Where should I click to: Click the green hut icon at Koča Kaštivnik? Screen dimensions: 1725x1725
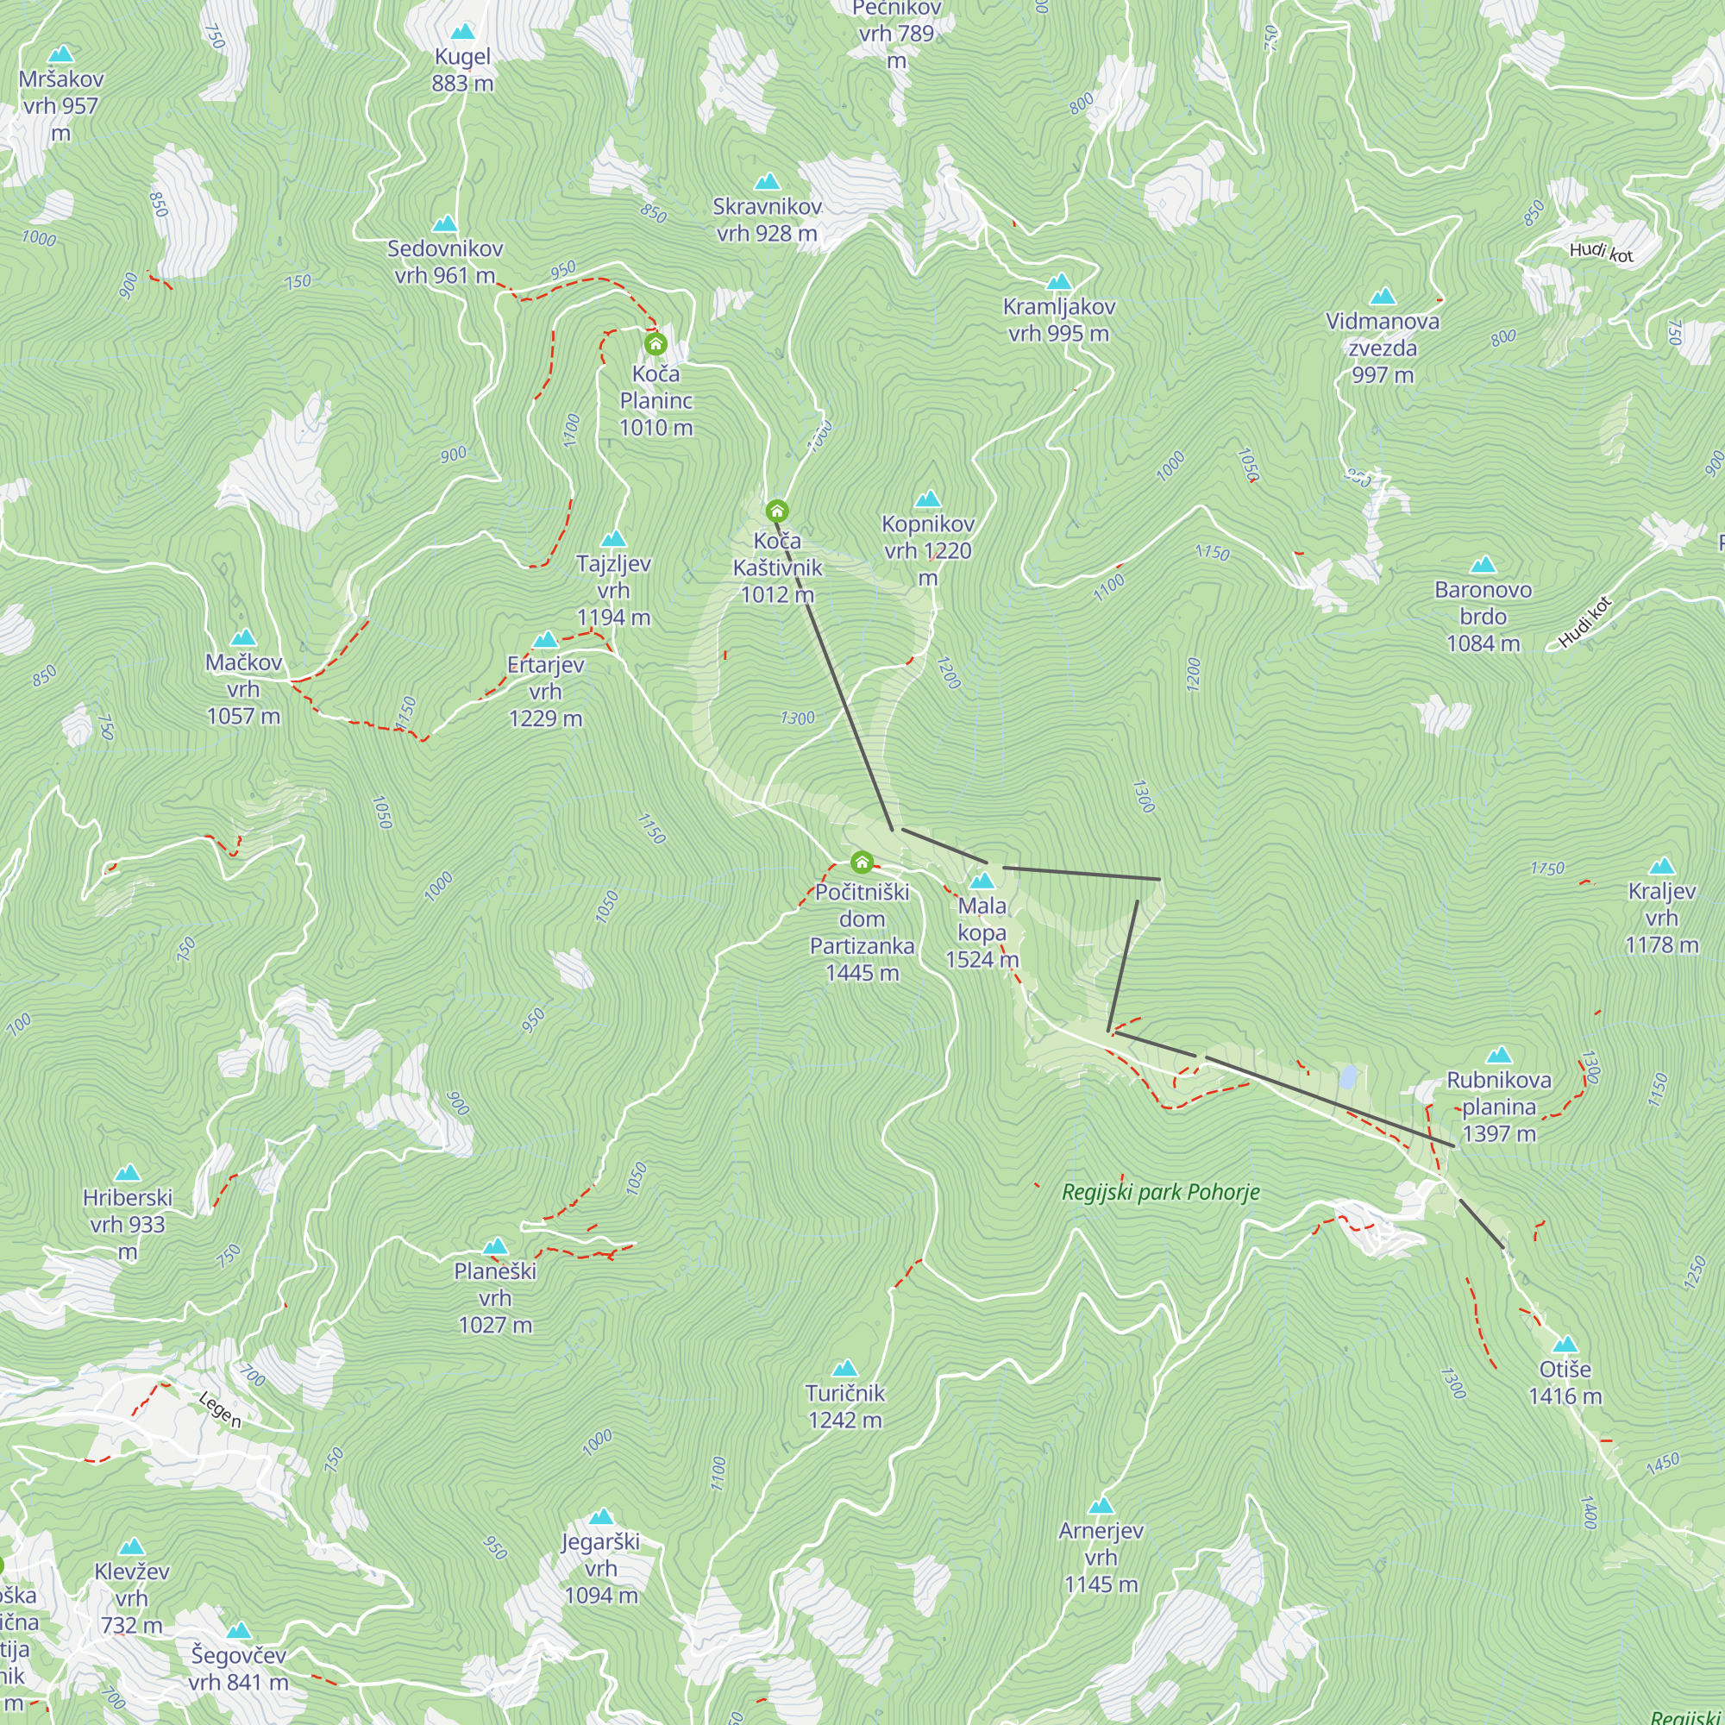point(777,511)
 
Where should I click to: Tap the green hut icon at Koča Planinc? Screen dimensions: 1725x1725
point(655,344)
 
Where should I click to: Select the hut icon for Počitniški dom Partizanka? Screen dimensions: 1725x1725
point(862,862)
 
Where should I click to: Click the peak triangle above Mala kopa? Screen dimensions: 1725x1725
point(982,881)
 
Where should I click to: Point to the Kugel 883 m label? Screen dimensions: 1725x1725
point(462,70)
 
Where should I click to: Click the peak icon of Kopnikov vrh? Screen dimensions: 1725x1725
point(928,499)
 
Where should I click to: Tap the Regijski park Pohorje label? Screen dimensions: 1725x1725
point(1161,1192)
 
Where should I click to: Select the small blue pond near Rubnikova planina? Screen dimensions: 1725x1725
point(1348,1076)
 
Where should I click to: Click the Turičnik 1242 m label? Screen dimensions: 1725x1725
point(844,1406)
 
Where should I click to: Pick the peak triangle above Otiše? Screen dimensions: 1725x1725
point(1565,1345)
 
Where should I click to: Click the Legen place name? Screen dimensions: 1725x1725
point(220,1410)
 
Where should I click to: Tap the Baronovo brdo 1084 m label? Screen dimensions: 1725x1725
point(1483,616)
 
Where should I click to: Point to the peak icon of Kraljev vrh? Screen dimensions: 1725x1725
point(1662,866)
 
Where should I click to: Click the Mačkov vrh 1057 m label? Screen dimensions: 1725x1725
point(244,688)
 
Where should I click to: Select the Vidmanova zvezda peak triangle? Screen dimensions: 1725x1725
point(1382,297)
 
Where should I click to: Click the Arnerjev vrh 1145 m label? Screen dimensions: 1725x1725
point(1101,1556)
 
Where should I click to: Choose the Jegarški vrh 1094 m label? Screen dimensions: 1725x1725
point(601,1568)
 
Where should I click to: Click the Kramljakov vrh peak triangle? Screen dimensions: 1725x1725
point(1059,282)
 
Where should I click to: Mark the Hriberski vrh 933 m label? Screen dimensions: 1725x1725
point(128,1224)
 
